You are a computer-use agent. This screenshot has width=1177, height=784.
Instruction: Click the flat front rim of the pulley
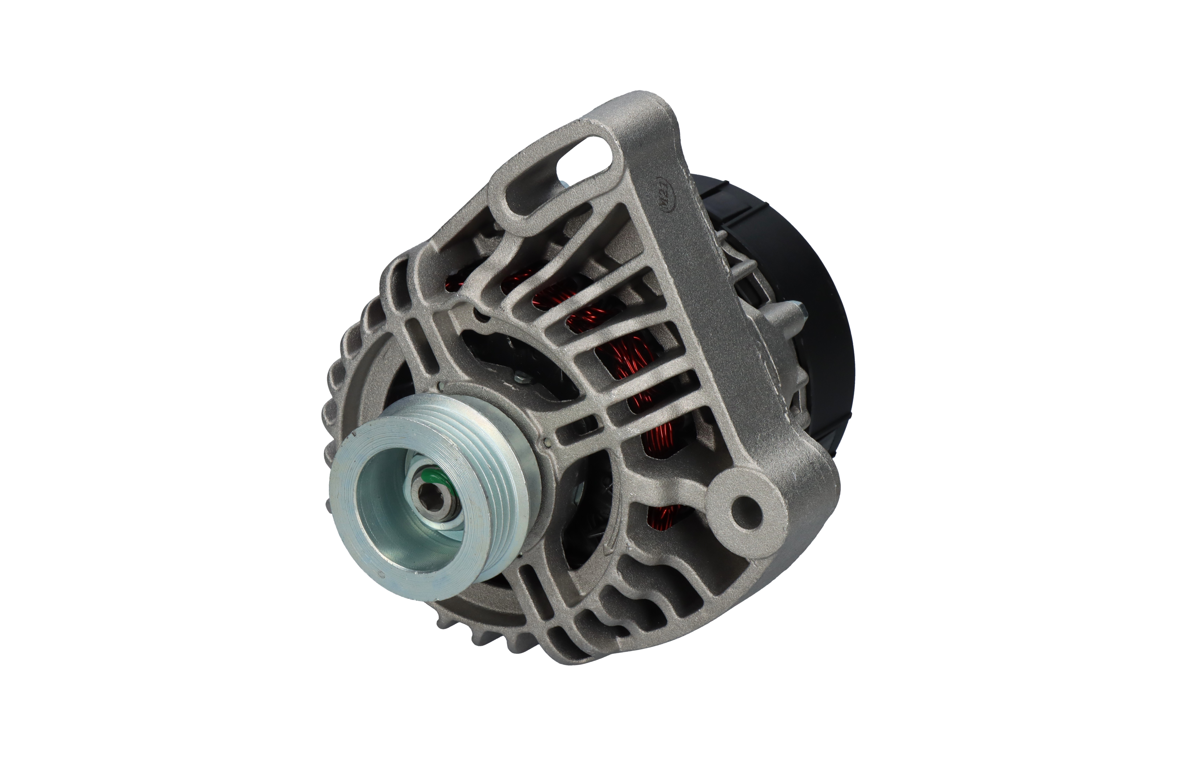pos(350,525)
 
